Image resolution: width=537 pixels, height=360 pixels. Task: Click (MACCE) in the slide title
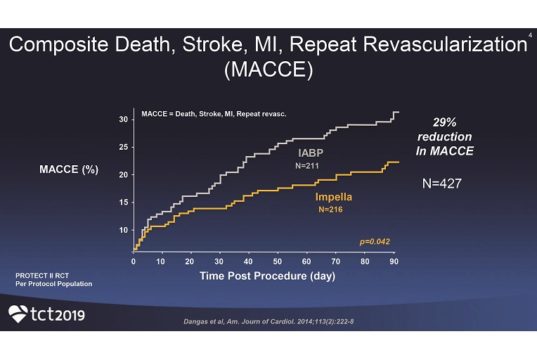point(267,75)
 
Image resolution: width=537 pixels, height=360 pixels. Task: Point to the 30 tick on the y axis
point(124,119)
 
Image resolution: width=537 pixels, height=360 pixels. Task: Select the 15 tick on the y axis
point(124,202)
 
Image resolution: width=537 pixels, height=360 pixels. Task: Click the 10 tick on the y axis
point(124,230)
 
